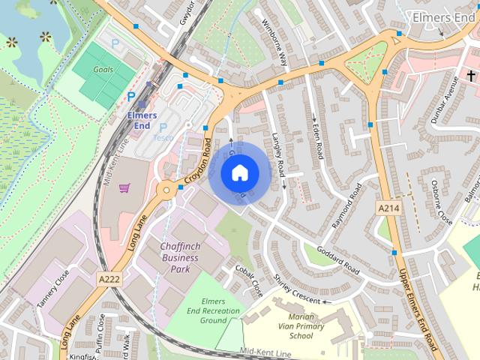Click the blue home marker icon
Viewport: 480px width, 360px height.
pyautogui.click(x=239, y=173)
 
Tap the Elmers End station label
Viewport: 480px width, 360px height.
pyautogui.click(x=142, y=120)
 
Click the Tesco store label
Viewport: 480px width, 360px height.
pyautogui.click(x=163, y=137)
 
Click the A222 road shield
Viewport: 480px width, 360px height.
pyautogui.click(x=109, y=278)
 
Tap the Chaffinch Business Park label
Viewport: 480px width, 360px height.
pyautogui.click(x=179, y=258)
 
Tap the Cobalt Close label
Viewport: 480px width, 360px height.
pyautogui.click(x=249, y=280)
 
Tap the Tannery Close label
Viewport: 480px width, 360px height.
pyautogui.click(x=52, y=289)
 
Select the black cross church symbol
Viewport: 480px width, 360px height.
pyautogui.click(x=472, y=76)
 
